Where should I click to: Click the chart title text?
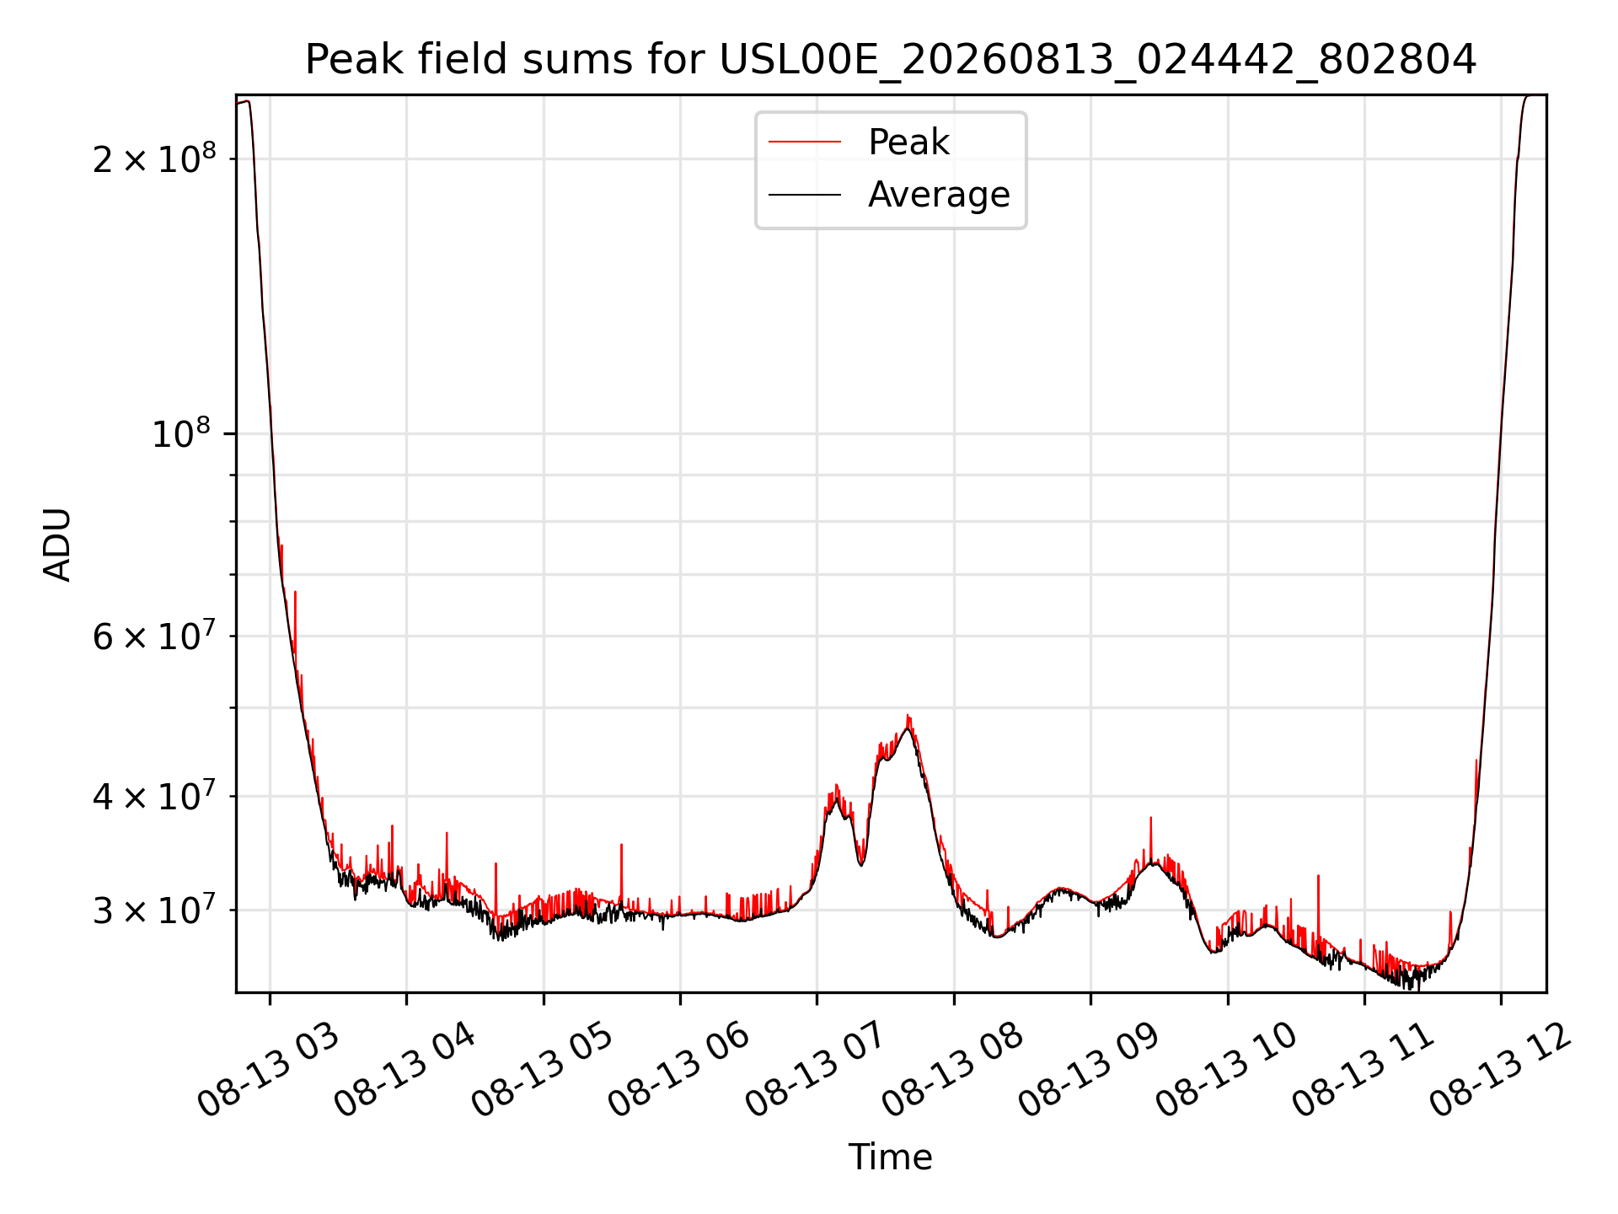[x=891, y=60]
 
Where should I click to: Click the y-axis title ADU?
[x=57, y=545]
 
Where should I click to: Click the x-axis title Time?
[x=891, y=1157]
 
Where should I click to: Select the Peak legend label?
[x=908, y=142]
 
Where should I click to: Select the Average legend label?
[x=939, y=194]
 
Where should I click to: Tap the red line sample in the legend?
[x=805, y=142]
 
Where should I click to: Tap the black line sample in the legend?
[x=805, y=195]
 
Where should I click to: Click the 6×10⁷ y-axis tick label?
[x=154, y=635]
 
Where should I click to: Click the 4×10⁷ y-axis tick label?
[x=154, y=794]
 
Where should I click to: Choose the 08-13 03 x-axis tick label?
[x=268, y=1071]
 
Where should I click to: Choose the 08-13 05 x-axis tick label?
[x=542, y=1071]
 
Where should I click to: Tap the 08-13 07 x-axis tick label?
[x=815, y=1071]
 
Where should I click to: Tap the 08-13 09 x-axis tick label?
[x=1089, y=1071]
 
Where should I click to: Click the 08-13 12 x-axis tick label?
[x=1500, y=1071]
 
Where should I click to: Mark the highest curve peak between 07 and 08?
[x=908, y=716]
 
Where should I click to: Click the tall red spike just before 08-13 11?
[x=1318, y=877]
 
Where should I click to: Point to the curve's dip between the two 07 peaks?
[x=860, y=865]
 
